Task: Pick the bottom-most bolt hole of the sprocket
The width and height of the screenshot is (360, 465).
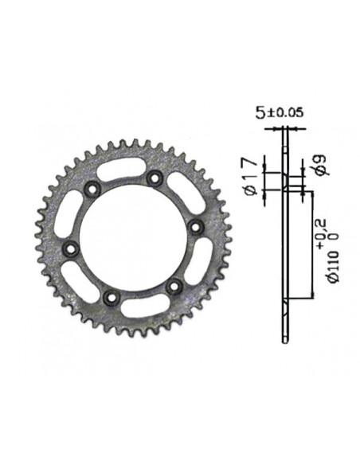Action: pyautogui.click(x=111, y=297)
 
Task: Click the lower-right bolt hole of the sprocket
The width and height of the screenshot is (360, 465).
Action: pyautogui.click(x=174, y=285)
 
